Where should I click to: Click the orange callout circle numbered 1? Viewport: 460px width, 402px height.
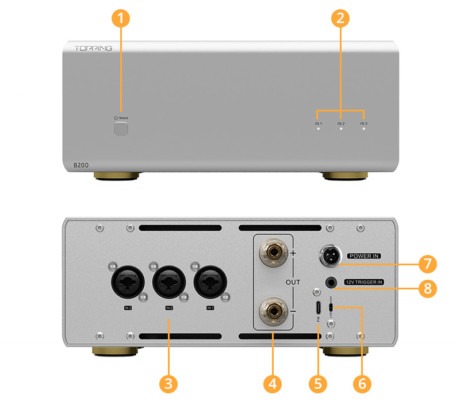(x=120, y=18)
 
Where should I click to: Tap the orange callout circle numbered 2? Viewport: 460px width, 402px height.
(x=340, y=18)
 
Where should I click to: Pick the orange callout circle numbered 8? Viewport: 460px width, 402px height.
(x=427, y=288)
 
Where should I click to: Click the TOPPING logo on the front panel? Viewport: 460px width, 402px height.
(x=93, y=48)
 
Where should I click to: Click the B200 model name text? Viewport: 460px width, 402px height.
(x=82, y=165)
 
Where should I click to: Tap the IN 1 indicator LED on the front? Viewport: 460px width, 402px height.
(x=318, y=130)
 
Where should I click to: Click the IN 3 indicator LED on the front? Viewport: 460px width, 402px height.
(x=363, y=130)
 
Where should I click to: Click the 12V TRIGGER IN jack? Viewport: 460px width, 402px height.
(x=331, y=282)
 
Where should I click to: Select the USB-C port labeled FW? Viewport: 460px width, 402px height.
(x=317, y=306)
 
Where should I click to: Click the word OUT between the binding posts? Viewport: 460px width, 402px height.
(x=293, y=282)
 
